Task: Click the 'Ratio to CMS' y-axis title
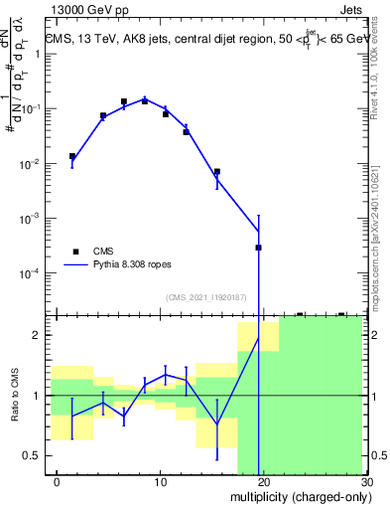click(16, 396)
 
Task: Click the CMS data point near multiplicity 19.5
click(258, 248)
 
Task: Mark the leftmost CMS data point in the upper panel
click(71, 156)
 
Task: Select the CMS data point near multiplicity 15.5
click(216, 172)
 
